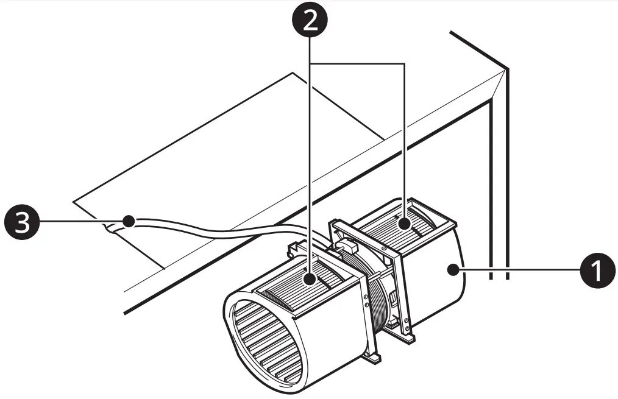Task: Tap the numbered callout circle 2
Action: click(x=311, y=23)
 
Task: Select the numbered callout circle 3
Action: click(x=21, y=221)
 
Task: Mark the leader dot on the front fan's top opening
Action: click(x=311, y=280)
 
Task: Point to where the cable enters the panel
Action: click(x=110, y=227)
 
